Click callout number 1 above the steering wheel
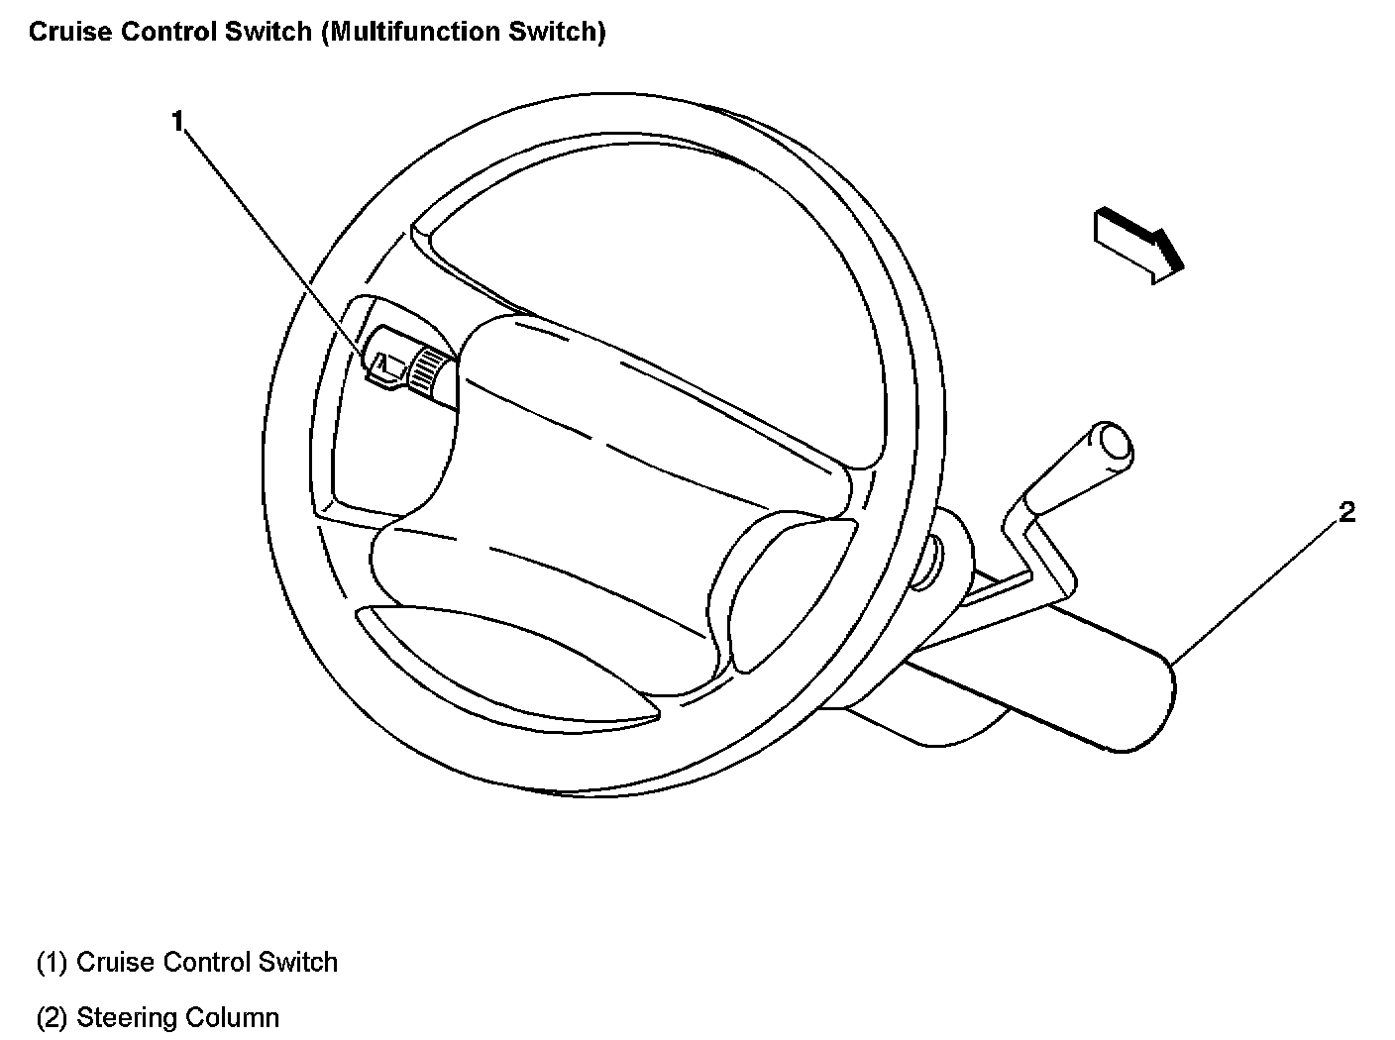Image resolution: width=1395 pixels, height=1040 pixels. pos(178,122)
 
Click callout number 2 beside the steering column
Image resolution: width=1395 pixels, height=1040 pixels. pos(1346,512)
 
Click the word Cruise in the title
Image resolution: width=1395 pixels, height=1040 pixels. pos(64,32)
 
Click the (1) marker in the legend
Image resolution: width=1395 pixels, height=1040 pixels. pos(52,963)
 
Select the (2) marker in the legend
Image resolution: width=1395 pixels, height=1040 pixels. pos(52,1017)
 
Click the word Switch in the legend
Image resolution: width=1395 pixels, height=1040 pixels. pos(298,963)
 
